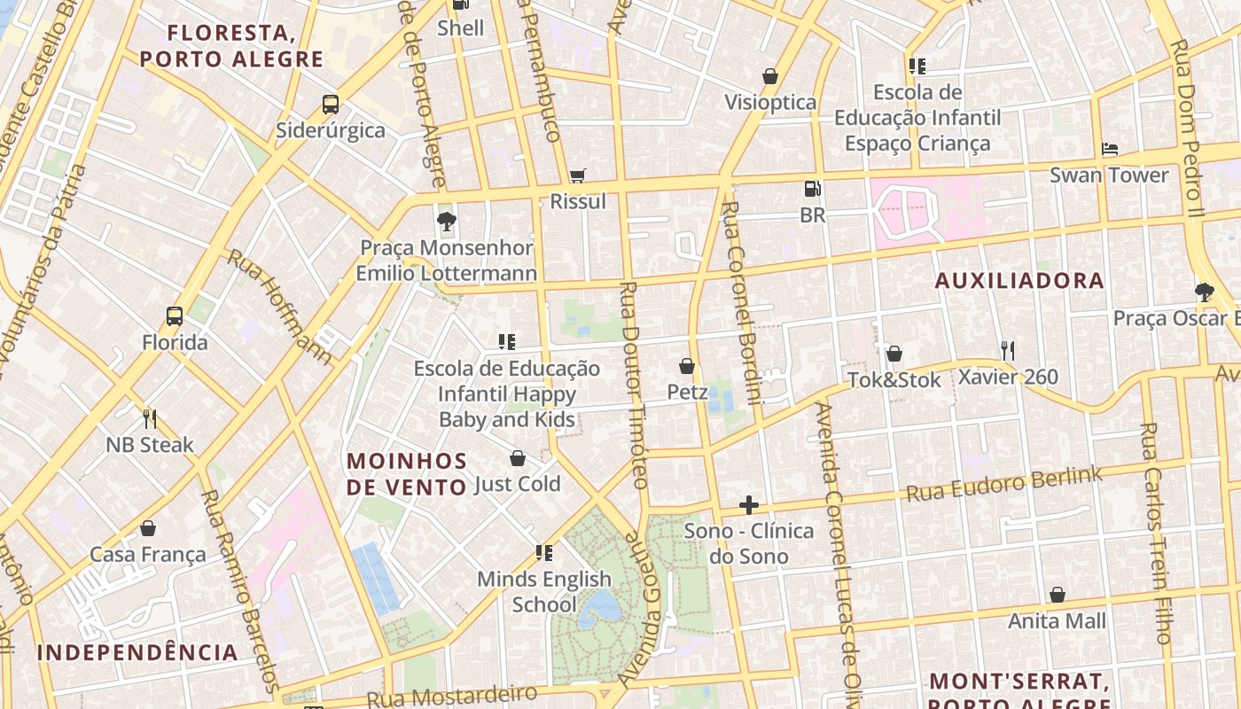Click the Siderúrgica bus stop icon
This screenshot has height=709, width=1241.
[x=331, y=105]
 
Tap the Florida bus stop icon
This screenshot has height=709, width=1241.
[x=175, y=316]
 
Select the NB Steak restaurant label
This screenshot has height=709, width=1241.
[x=150, y=445]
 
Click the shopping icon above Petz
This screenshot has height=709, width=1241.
[x=687, y=366]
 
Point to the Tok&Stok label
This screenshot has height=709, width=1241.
[x=894, y=380]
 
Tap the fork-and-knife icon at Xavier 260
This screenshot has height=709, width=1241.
[x=1007, y=351]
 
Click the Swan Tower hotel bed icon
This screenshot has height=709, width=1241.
[x=1109, y=149]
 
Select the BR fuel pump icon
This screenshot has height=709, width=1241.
[x=812, y=189]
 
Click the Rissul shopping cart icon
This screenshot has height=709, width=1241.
[x=578, y=175]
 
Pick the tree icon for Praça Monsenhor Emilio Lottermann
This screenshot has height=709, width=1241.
[x=447, y=222]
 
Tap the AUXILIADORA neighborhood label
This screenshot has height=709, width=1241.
[x=1020, y=281]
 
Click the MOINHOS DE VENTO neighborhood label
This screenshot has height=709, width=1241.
[x=407, y=474]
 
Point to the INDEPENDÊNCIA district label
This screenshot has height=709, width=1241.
[x=137, y=653]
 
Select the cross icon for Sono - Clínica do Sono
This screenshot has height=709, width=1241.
[x=749, y=505]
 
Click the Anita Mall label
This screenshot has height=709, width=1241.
[x=1058, y=620]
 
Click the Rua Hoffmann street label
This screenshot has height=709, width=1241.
[x=279, y=307]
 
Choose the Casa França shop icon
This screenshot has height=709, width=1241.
[x=148, y=529]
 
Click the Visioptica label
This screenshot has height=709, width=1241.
[x=770, y=102]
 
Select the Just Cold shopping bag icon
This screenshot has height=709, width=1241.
[x=518, y=458]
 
